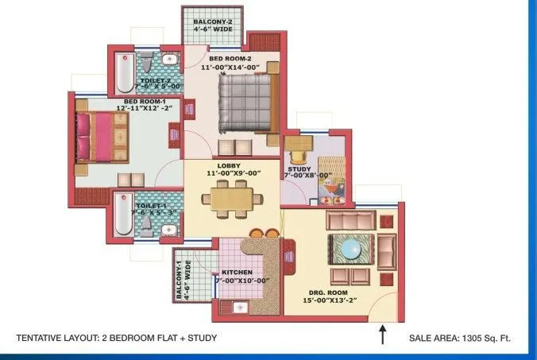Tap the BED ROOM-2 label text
(x=232, y=59)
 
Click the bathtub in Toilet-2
(x=125, y=74)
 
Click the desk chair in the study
(x=300, y=142)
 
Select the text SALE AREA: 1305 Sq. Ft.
(x=459, y=338)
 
